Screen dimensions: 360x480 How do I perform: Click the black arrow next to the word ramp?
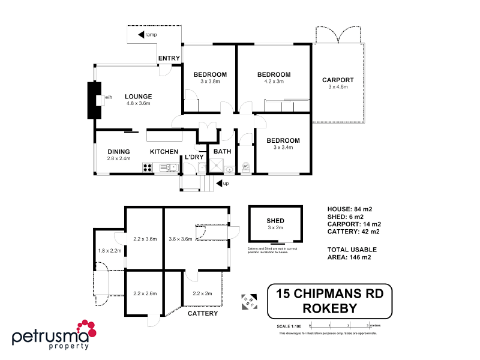(x=142, y=35)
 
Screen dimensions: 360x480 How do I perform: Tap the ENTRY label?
(x=169, y=58)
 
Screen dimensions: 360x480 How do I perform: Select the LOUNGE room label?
(x=138, y=97)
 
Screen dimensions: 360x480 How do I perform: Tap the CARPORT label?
(x=338, y=80)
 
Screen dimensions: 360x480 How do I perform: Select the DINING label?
(x=119, y=152)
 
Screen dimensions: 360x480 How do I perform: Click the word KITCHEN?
(x=164, y=152)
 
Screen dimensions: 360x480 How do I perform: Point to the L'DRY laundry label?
(x=194, y=157)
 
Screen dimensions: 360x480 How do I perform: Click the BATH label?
(x=222, y=152)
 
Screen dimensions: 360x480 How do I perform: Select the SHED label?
(x=275, y=221)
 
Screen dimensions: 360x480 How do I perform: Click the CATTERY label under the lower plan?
(x=203, y=314)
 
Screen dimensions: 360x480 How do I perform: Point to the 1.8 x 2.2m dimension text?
(x=110, y=250)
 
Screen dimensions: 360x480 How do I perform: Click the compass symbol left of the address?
(x=248, y=301)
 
